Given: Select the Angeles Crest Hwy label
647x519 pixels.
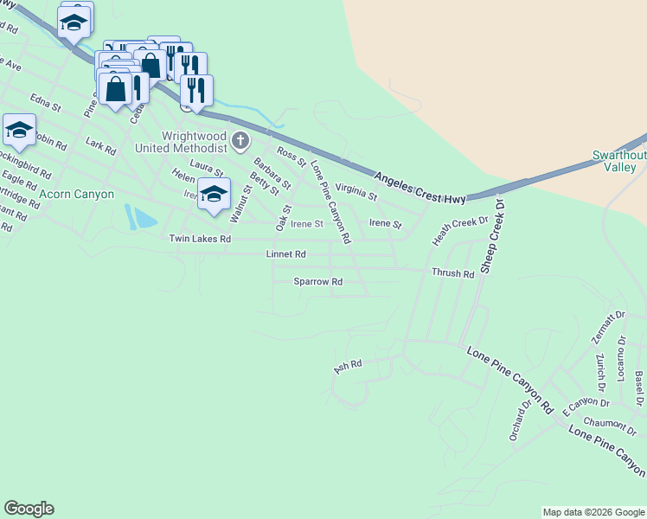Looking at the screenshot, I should pyautogui.click(x=420, y=188).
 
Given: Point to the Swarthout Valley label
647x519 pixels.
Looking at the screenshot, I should pyautogui.click(x=619, y=161).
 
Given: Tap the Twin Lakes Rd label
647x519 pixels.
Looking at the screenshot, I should pyautogui.click(x=200, y=239).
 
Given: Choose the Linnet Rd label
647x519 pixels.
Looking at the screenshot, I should pyautogui.click(x=286, y=254).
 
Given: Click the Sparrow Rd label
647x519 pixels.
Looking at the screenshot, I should pyautogui.click(x=318, y=282).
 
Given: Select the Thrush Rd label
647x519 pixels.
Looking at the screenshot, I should pyautogui.click(x=453, y=273).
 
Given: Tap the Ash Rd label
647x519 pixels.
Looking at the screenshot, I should pyautogui.click(x=347, y=368).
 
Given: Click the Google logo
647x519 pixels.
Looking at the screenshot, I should pyautogui.click(x=29, y=509).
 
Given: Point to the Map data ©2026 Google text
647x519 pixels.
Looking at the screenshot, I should pyautogui.click(x=593, y=512).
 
